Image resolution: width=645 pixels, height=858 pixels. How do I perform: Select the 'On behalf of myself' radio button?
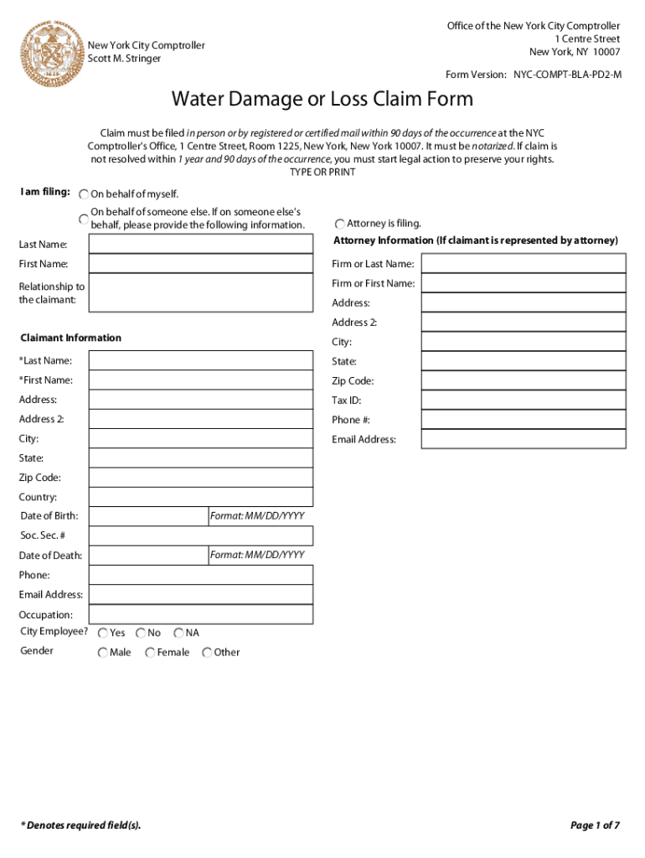(x=84, y=194)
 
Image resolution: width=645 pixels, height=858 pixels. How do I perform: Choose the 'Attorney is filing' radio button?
(x=339, y=225)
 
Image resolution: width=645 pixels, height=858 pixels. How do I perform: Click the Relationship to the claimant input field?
(x=201, y=293)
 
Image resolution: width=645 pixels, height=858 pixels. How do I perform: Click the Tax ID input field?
(x=523, y=401)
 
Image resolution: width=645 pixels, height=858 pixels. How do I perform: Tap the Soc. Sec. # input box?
(x=201, y=535)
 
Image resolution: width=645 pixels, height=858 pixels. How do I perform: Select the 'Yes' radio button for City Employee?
(x=102, y=633)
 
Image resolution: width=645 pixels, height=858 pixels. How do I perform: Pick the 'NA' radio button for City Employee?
(x=178, y=633)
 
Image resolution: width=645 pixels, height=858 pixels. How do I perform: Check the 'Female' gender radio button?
(x=150, y=653)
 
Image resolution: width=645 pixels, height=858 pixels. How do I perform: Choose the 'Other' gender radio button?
(x=207, y=653)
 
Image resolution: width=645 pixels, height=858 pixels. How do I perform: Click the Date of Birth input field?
(x=148, y=516)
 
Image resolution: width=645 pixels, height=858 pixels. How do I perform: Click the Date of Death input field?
(x=148, y=556)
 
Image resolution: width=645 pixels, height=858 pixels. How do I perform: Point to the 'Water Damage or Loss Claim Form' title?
(x=322, y=100)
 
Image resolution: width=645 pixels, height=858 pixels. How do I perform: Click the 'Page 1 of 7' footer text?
(x=595, y=825)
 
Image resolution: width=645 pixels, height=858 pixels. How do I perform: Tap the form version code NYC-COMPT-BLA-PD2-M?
(x=567, y=75)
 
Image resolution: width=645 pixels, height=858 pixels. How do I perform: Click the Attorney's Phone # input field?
(x=523, y=420)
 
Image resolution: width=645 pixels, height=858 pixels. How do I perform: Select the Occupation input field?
(x=201, y=614)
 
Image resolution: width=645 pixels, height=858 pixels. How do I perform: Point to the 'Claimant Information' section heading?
(x=70, y=339)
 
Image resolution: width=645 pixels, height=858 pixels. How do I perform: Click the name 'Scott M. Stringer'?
(x=125, y=59)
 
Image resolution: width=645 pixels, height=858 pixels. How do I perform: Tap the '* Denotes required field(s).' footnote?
(x=80, y=825)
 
